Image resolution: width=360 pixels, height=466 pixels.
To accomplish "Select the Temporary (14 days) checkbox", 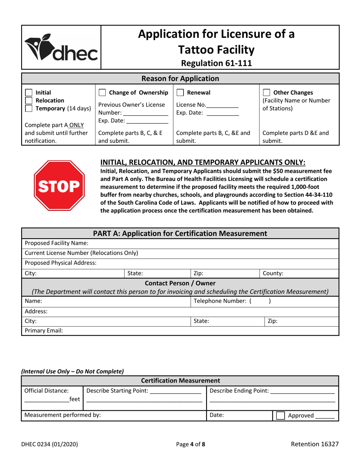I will tap(29, 109).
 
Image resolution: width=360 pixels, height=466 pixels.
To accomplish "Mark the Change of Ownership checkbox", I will tap(102, 93).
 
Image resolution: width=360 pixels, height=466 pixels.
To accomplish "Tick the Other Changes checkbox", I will tap(266, 93).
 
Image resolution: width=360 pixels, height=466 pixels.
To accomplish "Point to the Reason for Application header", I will tap(180, 79).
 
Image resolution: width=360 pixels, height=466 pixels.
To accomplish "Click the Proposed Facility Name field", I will tap(212, 243).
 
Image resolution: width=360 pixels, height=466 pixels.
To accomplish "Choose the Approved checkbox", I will tap(280, 416).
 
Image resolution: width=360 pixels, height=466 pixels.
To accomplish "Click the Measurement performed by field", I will tap(152, 415).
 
